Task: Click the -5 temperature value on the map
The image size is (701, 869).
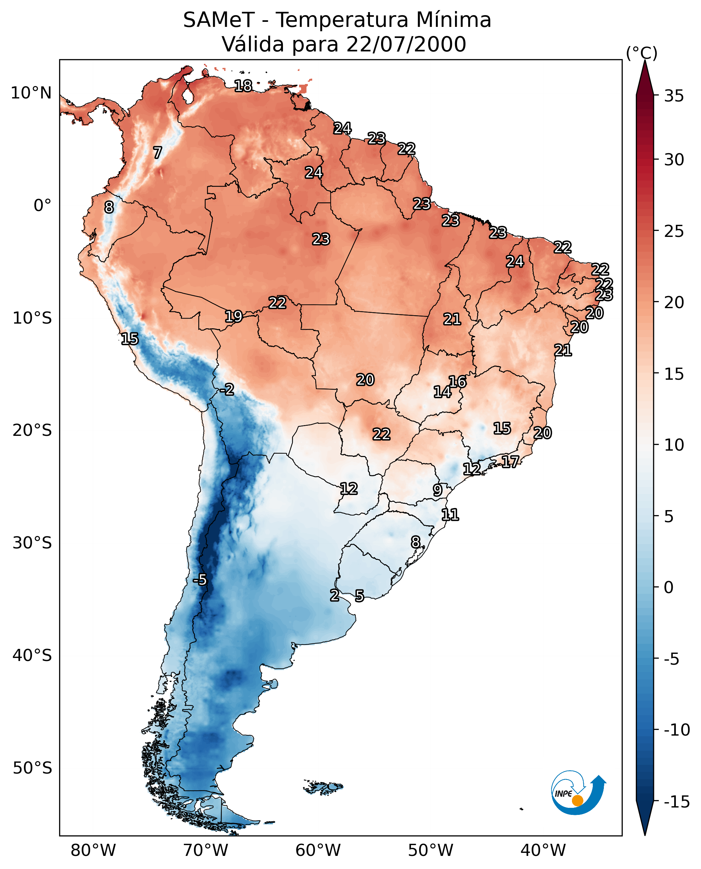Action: [200, 580]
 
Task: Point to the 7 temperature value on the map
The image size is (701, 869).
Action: [158, 153]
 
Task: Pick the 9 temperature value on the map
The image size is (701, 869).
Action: [437, 490]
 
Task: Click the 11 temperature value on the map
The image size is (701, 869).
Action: [450, 514]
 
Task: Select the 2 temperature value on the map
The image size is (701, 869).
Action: [334, 595]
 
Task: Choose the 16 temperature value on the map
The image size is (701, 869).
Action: [457, 382]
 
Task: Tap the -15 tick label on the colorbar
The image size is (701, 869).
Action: [676, 801]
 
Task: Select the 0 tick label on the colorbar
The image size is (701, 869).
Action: [669, 587]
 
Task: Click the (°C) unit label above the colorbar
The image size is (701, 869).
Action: [642, 53]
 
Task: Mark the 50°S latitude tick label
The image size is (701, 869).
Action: [32, 768]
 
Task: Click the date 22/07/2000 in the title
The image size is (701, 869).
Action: [406, 44]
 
